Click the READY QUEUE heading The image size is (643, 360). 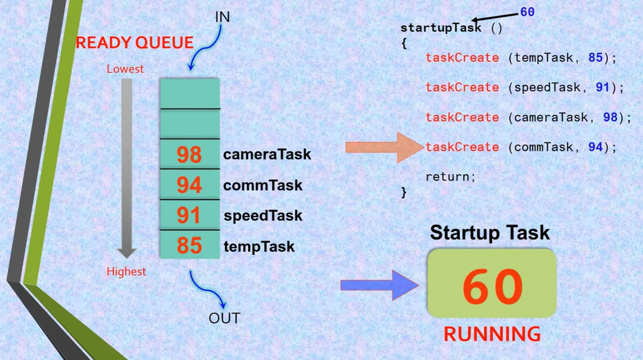pyautogui.click(x=134, y=43)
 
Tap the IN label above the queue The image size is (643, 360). pyautogui.click(x=222, y=17)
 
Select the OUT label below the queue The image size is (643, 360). pyautogui.click(x=224, y=318)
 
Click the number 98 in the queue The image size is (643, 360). pyautogui.click(x=189, y=155)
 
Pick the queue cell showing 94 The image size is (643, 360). pyautogui.click(x=190, y=184)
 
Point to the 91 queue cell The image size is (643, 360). pyautogui.click(x=190, y=215)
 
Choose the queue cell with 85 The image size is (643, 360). pyautogui.click(x=190, y=245)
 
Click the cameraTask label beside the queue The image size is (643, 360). pyautogui.click(x=267, y=154)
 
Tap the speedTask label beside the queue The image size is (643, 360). pyautogui.click(x=263, y=216)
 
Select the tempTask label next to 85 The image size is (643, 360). pyautogui.click(x=259, y=246)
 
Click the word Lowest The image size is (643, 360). pyautogui.click(x=125, y=69)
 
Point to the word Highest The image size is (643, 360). pyautogui.click(x=126, y=272)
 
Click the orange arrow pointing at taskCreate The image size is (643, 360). pyautogui.click(x=385, y=147)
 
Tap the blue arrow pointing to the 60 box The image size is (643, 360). pyautogui.click(x=379, y=286)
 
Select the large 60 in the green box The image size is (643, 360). pyautogui.click(x=493, y=287)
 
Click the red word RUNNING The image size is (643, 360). pyautogui.click(x=492, y=334)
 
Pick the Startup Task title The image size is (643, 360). pyautogui.click(x=489, y=232)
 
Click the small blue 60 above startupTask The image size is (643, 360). pyautogui.click(x=527, y=12)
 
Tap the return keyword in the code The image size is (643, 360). pyautogui.click(x=451, y=177)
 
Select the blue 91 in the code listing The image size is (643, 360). pyautogui.click(x=603, y=87)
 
